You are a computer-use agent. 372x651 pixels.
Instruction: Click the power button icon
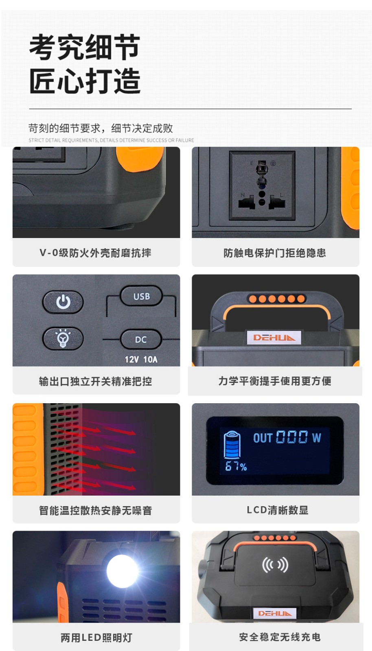[x=63, y=302]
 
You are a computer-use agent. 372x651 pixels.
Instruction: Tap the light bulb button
[x=63, y=338]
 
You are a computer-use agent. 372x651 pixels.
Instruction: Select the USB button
[x=142, y=296]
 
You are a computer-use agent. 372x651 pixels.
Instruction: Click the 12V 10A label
[x=141, y=360]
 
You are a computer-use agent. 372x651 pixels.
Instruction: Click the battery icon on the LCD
[x=232, y=444]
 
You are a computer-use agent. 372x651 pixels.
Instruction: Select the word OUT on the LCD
[x=263, y=438]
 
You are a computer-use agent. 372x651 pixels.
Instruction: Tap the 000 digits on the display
[x=291, y=437]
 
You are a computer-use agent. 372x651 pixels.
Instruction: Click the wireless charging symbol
[x=275, y=565]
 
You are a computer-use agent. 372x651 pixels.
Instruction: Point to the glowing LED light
[x=123, y=570]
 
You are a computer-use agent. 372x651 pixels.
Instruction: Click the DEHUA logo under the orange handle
[x=274, y=337]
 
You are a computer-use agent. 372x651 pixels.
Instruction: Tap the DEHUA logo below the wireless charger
[x=275, y=613]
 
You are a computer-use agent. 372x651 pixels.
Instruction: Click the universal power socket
[x=262, y=186]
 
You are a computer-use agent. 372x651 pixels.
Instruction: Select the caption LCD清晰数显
[x=278, y=510]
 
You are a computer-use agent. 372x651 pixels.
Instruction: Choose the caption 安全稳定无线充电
[x=280, y=637]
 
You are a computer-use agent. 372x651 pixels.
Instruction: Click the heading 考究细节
[x=85, y=47]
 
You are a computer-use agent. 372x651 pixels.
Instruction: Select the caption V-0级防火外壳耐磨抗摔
[x=95, y=253]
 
